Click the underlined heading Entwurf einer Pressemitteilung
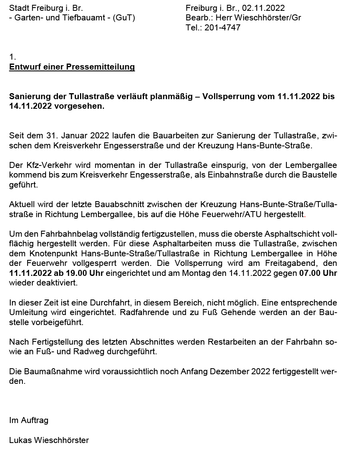coord(72,67)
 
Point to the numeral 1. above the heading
coord(12,57)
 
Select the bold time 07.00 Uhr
coord(318,273)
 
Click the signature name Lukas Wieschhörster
coord(49,440)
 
